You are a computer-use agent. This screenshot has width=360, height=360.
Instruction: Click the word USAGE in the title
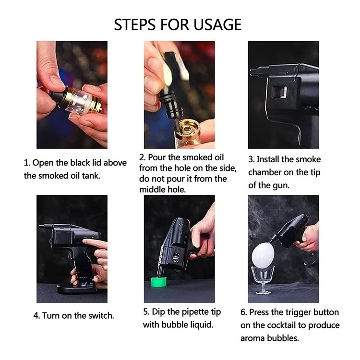(217, 24)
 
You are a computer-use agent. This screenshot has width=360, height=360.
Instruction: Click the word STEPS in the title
(134, 24)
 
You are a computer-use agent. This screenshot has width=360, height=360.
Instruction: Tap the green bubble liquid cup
(159, 282)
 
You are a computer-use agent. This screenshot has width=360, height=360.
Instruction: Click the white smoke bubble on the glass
(263, 255)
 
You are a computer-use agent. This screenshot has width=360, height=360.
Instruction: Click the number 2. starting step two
(143, 157)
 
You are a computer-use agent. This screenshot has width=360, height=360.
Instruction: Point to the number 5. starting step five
(146, 312)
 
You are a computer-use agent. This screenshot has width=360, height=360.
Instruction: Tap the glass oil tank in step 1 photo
(79, 101)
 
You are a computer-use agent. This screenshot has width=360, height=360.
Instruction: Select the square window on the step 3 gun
(279, 92)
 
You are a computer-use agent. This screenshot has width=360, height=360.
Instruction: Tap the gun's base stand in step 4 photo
(77, 289)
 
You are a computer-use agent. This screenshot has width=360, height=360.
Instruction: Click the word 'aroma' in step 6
(252, 338)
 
